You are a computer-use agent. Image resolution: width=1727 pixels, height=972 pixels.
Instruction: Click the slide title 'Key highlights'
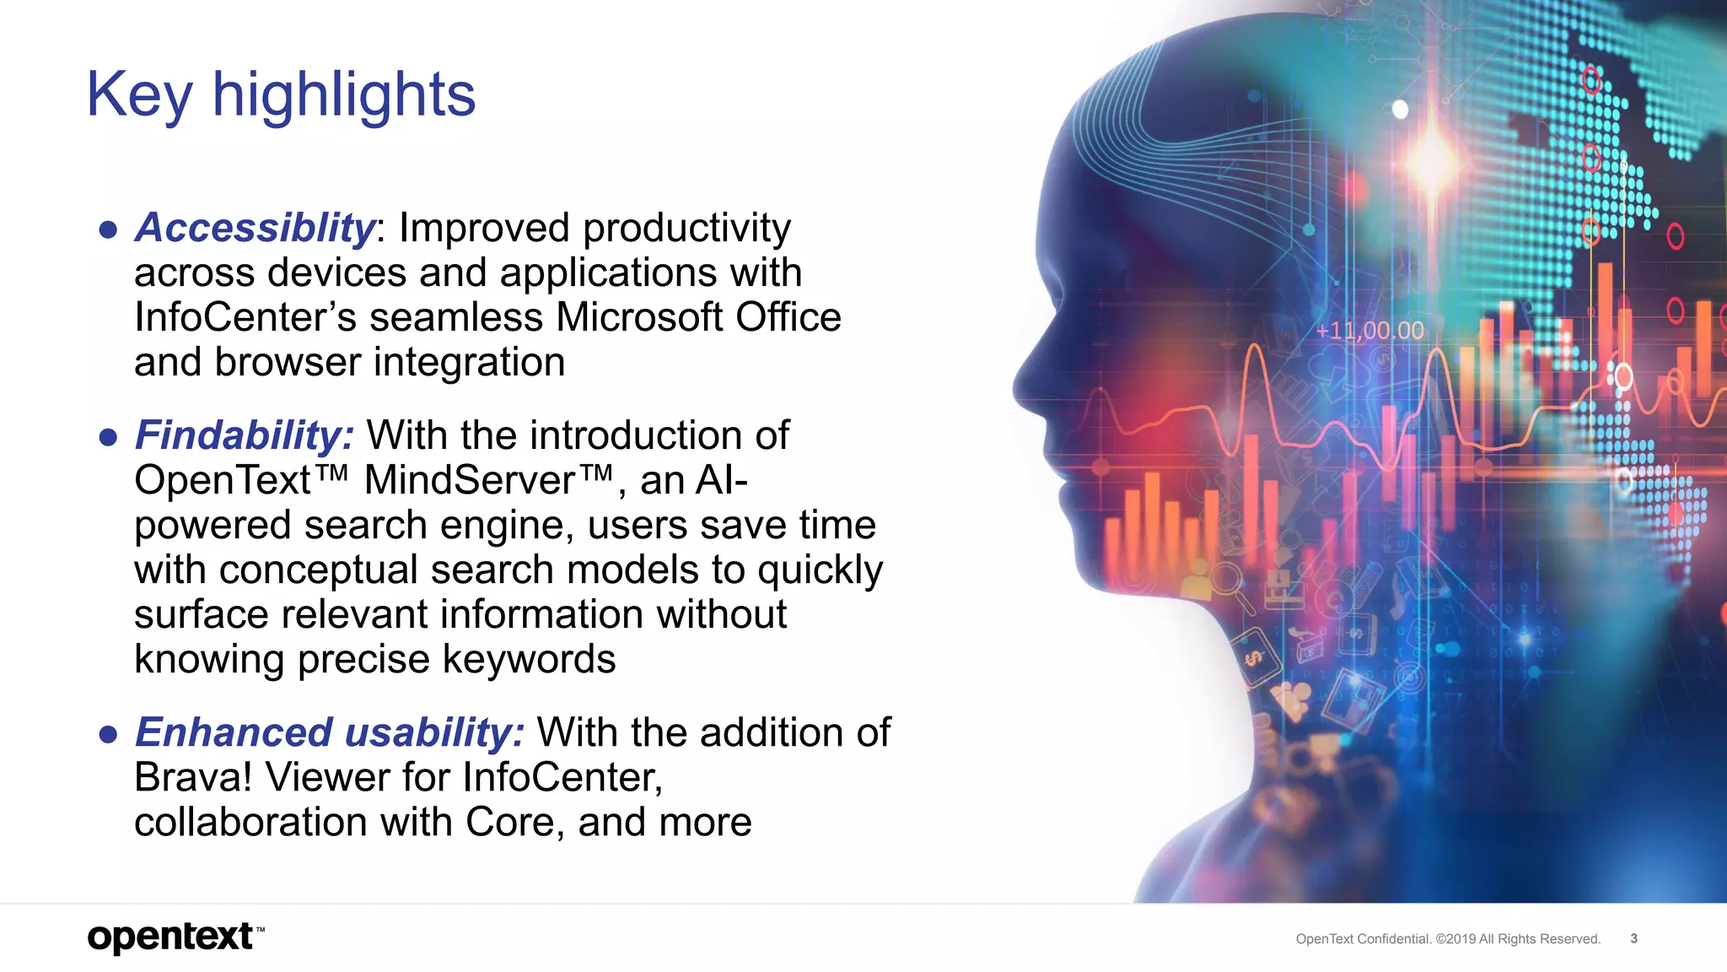pos(281,94)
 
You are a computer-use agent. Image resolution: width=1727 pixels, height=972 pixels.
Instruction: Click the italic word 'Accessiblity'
pos(255,228)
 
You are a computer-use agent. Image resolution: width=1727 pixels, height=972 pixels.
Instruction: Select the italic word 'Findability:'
pos(245,435)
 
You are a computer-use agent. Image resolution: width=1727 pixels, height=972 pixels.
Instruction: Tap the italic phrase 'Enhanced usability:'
pos(330,732)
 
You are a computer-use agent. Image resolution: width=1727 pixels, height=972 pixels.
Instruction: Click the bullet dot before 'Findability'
pos(108,437)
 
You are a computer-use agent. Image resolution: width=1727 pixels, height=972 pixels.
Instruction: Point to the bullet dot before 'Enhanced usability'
pos(108,734)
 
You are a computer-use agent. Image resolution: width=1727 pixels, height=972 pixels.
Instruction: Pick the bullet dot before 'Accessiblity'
pos(108,229)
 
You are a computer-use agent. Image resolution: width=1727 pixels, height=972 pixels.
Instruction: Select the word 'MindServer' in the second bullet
pos(469,481)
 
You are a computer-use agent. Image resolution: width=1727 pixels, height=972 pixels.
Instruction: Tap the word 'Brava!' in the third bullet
pos(193,777)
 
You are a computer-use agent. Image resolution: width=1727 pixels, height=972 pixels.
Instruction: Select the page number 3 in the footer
pos(1633,938)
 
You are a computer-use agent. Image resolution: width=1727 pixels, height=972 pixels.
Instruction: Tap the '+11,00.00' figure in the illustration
pos(1369,331)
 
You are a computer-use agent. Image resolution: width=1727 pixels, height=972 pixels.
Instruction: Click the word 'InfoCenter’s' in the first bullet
pos(245,318)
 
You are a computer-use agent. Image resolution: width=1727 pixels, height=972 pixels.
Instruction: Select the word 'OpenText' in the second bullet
pos(223,481)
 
